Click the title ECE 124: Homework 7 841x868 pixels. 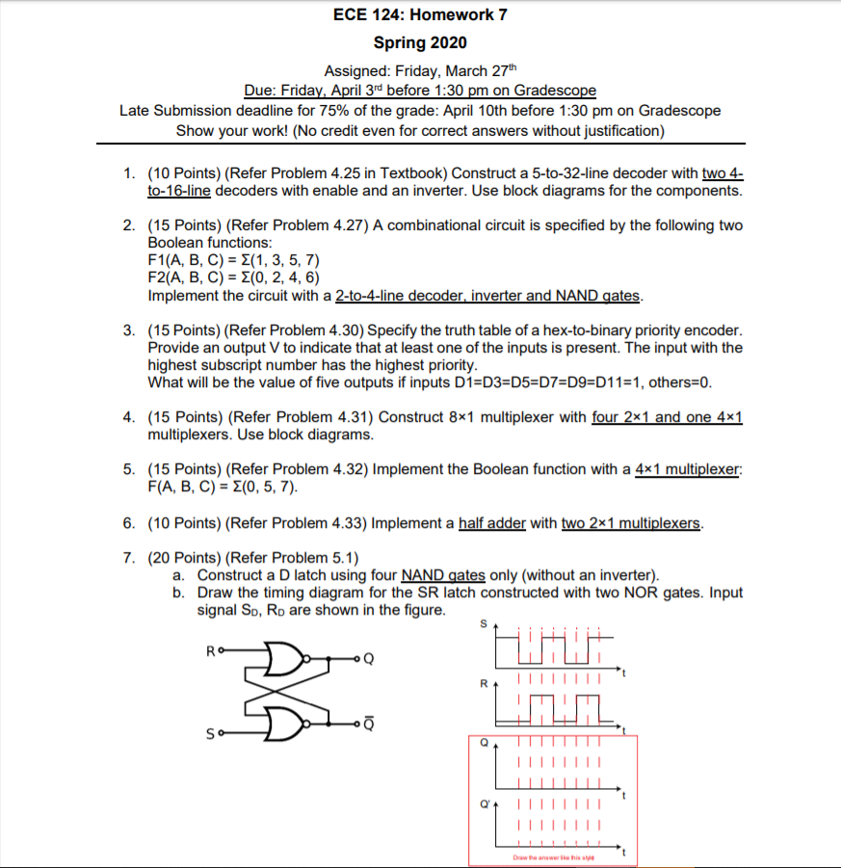[420, 14]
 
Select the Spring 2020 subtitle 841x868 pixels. [420, 42]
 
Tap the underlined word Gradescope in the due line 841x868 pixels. [555, 91]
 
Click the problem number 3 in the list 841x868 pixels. [128, 330]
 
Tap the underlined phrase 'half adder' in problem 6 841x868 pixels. [492, 523]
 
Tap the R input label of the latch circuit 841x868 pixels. [209, 651]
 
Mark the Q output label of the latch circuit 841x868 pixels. [368, 660]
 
